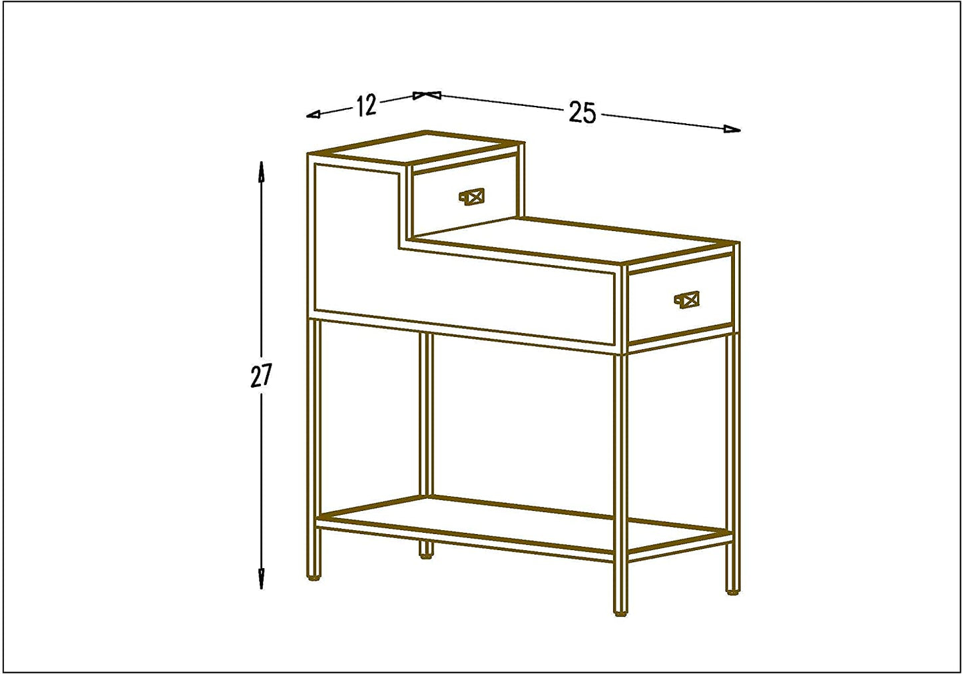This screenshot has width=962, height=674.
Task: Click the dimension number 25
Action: [583, 113]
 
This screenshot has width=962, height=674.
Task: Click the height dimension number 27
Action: [261, 376]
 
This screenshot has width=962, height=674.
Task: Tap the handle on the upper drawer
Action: [472, 197]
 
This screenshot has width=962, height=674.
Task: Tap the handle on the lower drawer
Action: [686, 300]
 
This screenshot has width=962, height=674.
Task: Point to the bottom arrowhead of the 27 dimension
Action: [261, 579]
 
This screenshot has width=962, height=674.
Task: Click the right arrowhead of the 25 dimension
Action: [732, 129]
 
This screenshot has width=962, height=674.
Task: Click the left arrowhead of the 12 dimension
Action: [314, 115]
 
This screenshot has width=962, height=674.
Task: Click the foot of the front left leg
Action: [314, 578]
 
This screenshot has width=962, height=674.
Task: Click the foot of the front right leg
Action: [620, 613]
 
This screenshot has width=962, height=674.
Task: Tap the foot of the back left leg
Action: [425, 556]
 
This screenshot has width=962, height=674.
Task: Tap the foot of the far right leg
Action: [733, 591]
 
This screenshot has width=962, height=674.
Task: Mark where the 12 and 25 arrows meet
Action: [427, 95]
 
